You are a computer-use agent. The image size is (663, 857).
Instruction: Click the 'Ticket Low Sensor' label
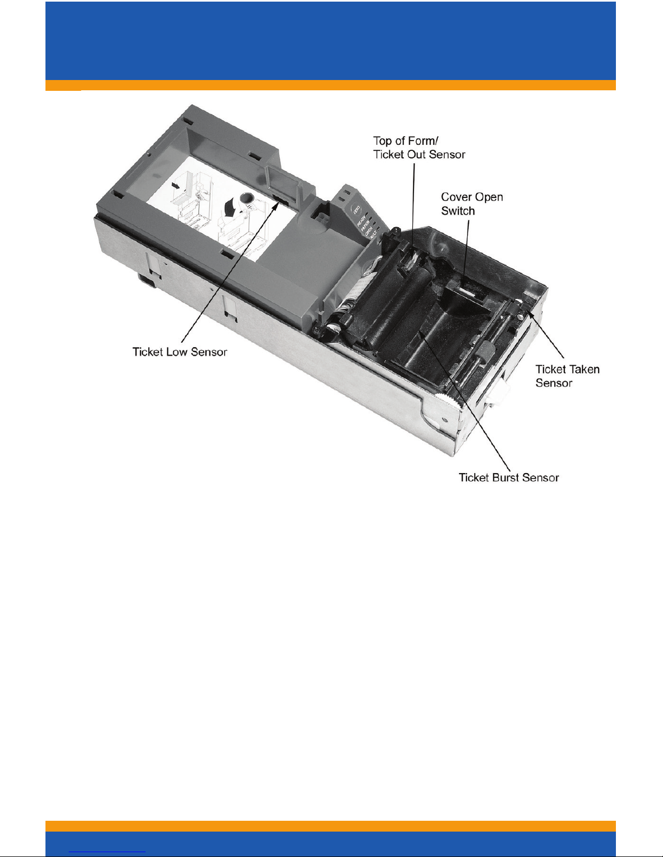point(180,352)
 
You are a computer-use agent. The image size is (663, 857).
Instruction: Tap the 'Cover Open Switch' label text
point(472,204)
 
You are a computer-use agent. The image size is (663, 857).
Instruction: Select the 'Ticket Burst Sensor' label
point(508,477)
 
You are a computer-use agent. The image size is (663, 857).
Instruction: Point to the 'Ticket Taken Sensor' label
point(567,376)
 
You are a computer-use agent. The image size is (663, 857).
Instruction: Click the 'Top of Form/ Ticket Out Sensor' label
point(419,148)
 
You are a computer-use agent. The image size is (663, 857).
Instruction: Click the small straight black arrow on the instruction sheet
point(175,185)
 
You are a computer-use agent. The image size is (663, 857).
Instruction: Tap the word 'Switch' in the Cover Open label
point(458,211)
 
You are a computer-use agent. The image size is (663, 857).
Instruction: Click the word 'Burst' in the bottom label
point(503,477)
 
